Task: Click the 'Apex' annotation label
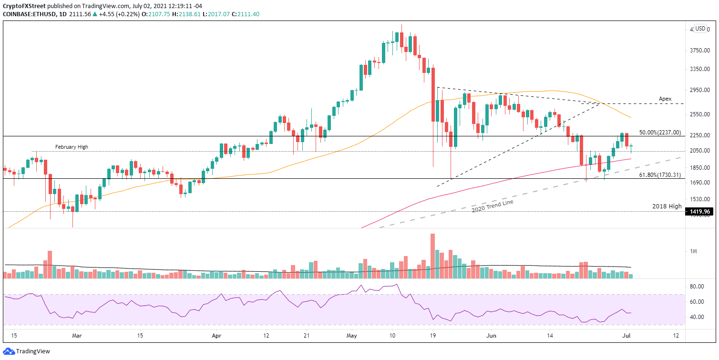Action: [665, 99]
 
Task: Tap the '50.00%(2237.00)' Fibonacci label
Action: [659, 133]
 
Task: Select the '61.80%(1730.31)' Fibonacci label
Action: [659, 175]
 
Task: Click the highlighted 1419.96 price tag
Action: [698, 211]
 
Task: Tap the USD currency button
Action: [700, 29]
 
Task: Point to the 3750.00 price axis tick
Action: [698, 51]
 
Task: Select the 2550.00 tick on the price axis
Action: [698, 114]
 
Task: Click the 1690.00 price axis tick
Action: [698, 183]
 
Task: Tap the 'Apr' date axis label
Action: [216, 336]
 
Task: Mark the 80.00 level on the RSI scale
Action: [698, 287]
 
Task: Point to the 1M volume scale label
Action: [694, 251]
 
